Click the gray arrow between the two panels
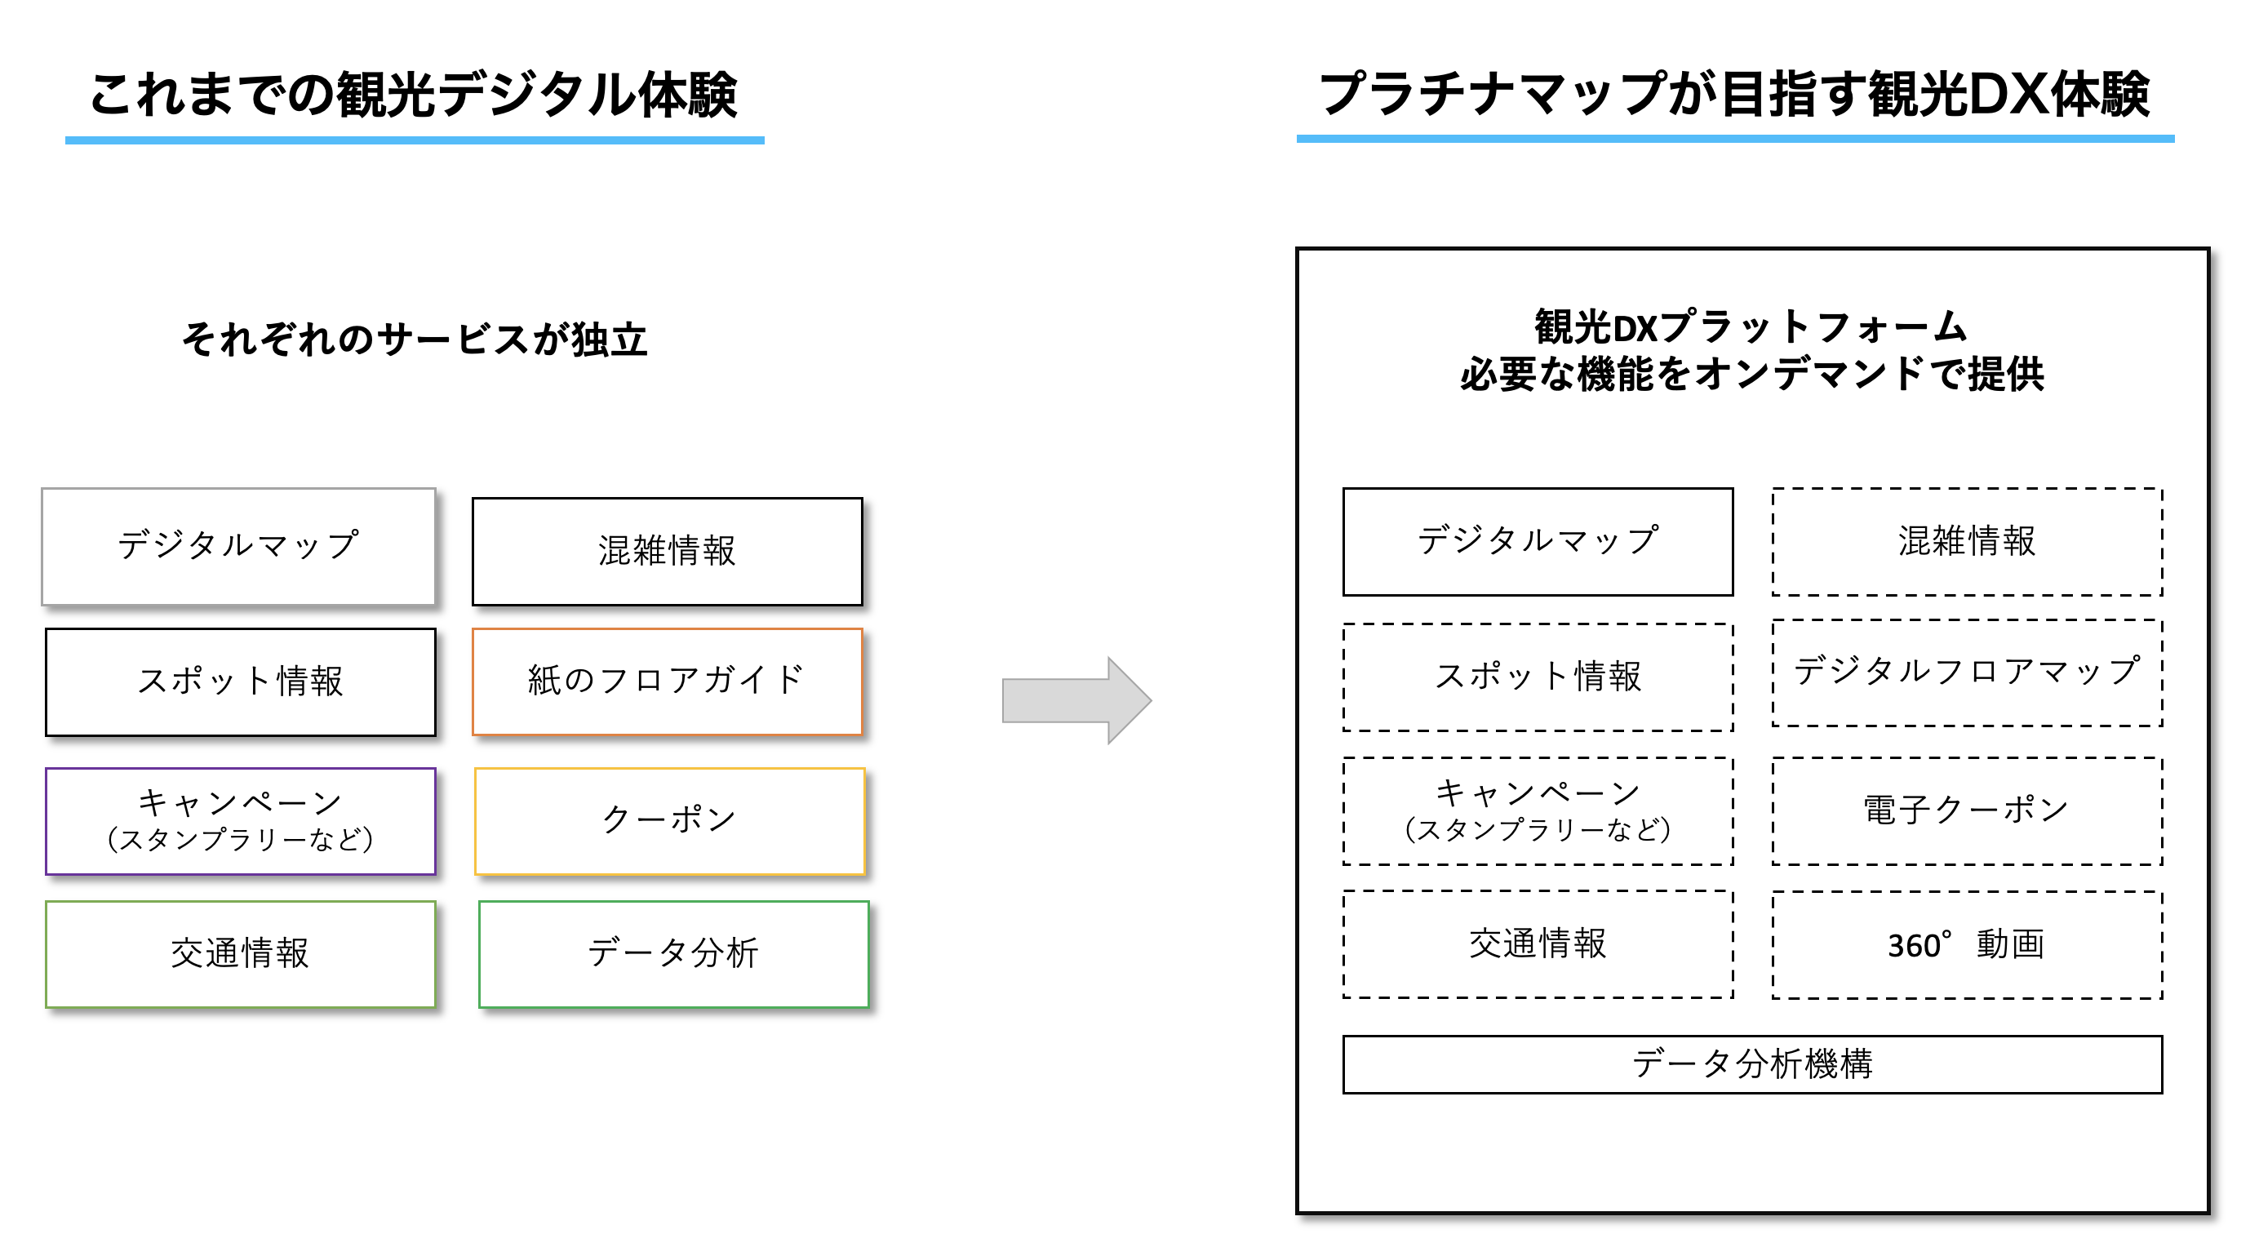pyautogui.click(x=1074, y=699)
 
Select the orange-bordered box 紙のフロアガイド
pyautogui.click(x=667, y=681)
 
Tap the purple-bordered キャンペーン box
pyautogui.click(x=240, y=820)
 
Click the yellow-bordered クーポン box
pyautogui.click(x=669, y=820)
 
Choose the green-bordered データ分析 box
pyautogui.click(x=672, y=954)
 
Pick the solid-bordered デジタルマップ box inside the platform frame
pyautogui.click(x=1538, y=542)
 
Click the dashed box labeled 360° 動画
pyautogui.click(x=1966, y=945)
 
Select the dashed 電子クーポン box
pyautogui.click(x=1966, y=811)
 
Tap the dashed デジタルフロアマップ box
pyautogui.click(x=1966, y=673)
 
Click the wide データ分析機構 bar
pyautogui.click(x=1751, y=1064)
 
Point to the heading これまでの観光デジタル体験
pyautogui.click(x=413, y=95)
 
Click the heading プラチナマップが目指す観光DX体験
pyautogui.click(x=1733, y=95)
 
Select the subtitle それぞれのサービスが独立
pyautogui.click(x=414, y=340)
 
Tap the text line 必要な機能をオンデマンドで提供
pyautogui.click(x=1751, y=375)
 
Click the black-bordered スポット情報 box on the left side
pyautogui.click(x=240, y=681)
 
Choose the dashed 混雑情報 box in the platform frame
pyautogui.click(x=1966, y=542)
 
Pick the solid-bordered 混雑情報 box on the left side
pyautogui.click(x=667, y=552)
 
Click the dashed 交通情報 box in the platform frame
pyautogui.click(x=1538, y=944)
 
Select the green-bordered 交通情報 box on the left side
pyautogui.click(x=240, y=954)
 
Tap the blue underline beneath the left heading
pyautogui.click(x=414, y=140)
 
